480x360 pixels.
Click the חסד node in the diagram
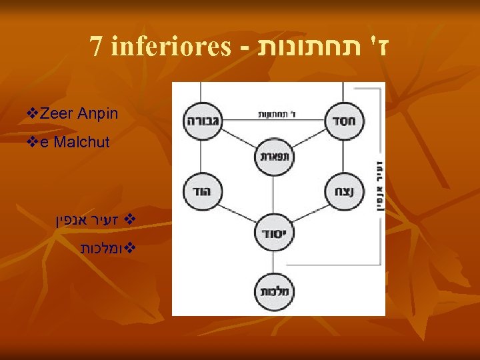coord(344,121)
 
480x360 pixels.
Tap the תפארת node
coord(273,157)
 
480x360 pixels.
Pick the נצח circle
coord(344,193)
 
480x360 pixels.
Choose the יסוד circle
coord(273,233)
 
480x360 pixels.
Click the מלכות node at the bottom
coord(273,291)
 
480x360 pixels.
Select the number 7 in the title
coord(97,47)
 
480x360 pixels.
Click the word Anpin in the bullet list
coord(97,114)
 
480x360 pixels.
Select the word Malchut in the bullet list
coord(81,141)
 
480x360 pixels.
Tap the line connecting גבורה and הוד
coord(201,157)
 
